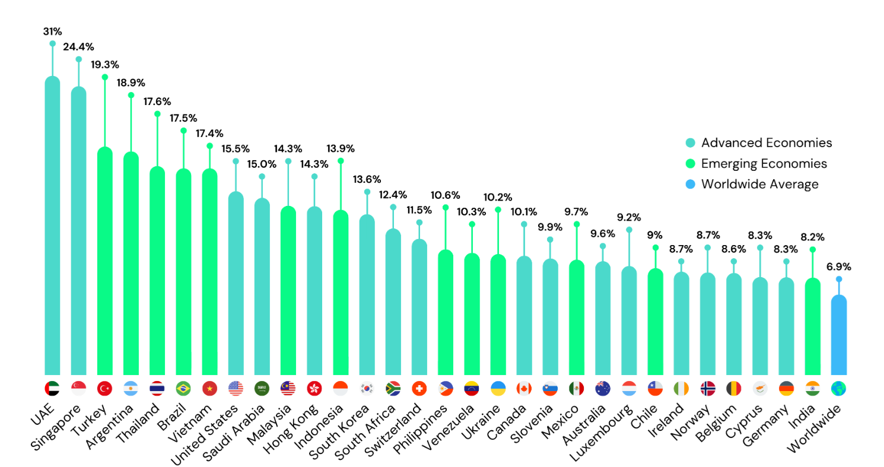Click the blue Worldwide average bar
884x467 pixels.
coord(838,335)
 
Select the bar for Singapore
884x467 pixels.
coord(78,231)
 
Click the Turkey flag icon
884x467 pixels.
coord(104,389)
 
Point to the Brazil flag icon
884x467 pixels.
coord(183,389)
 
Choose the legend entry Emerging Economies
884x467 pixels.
coord(764,163)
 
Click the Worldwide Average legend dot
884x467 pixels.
coord(689,184)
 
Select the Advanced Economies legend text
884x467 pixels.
coord(767,142)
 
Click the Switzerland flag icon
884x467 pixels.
coord(419,389)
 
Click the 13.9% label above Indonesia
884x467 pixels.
coord(341,147)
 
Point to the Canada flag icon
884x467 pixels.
coord(524,389)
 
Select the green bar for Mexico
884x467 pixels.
coord(576,317)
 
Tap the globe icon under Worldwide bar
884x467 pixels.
coord(838,389)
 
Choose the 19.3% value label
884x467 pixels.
coord(104,64)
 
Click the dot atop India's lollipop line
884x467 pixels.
coord(812,249)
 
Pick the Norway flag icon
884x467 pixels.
coord(707,389)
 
